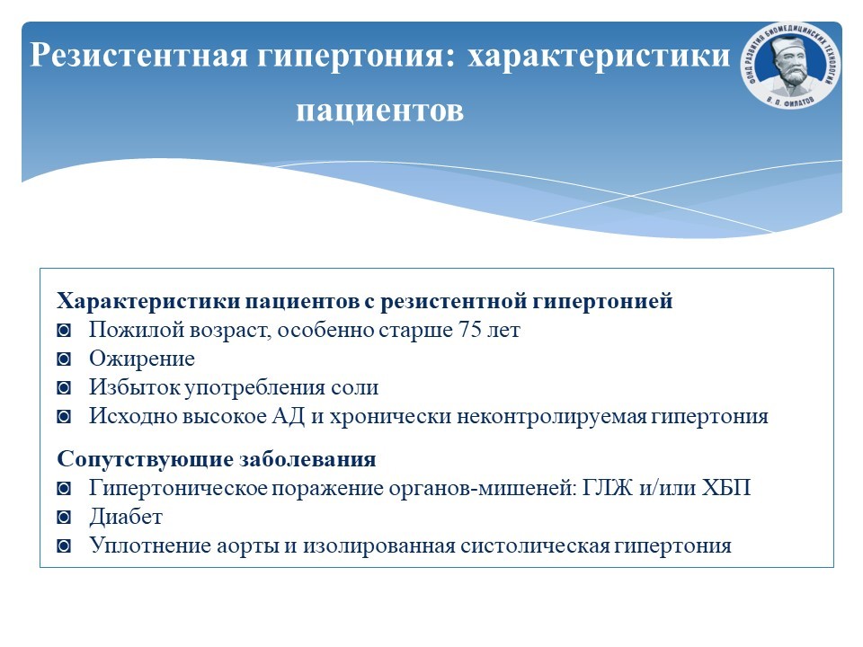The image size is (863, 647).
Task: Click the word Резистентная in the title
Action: (138, 55)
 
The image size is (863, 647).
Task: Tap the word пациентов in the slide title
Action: (379, 110)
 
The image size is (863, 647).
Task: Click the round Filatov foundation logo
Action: (790, 65)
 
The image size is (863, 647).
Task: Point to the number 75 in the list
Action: (469, 330)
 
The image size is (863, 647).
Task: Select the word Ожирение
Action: (142, 359)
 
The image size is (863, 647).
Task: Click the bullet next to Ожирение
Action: (64, 359)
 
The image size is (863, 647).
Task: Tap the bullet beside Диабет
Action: (64, 518)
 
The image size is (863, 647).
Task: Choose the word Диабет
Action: (126, 517)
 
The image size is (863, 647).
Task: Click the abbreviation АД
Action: (289, 416)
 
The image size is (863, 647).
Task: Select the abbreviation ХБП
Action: (726, 488)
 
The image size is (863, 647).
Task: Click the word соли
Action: (355, 387)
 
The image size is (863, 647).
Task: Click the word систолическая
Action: (535, 545)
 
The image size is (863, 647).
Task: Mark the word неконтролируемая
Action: (551, 416)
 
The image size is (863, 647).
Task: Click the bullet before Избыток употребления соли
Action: (64, 388)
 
